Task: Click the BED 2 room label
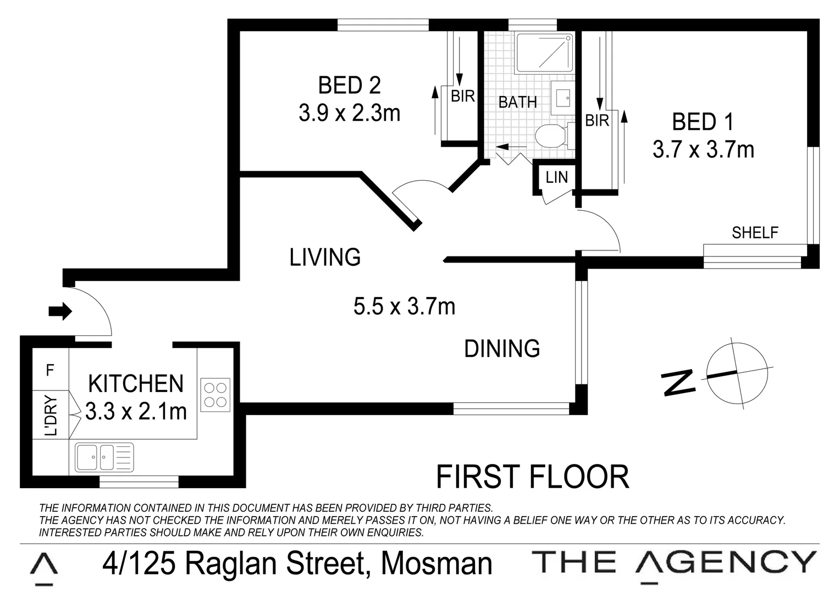(349, 86)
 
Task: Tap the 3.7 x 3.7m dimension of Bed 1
(703, 149)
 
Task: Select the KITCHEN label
(136, 384)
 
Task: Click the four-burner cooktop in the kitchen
(215, 395)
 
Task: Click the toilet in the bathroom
(550, 136)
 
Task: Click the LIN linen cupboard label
(556, 177)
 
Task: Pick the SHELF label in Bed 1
(755, 233)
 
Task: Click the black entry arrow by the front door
(60, 311)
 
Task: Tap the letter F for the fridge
(50, 371)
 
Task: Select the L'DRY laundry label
(51, 416)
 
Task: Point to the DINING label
(502, 349)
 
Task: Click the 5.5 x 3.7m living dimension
(404, 306)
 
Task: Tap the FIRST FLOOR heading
(532, 477)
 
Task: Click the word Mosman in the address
(437, 564)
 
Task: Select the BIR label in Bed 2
(462, 96)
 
